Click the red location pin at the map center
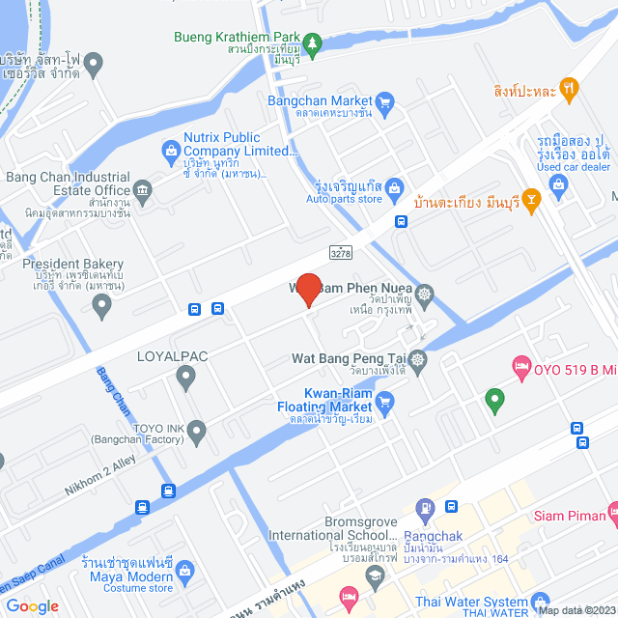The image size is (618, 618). pyautogui.click(x=308, y=290)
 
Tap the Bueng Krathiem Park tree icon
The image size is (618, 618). pyautogui.click(x=312, y=42)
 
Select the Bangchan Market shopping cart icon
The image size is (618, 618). pyautogui.click(x=385, y=101)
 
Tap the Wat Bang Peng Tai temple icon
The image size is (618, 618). pyautogui.click(x=417, y=359)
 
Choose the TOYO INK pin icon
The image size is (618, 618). pyautogui.click(x=197, y=433)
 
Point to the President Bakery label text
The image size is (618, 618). pyautogui.click(x=74, y=264)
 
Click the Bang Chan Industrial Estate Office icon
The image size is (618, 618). pyautogui.click(x=143, y=189)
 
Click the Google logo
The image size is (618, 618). pyautogui.click(x=32, y=605)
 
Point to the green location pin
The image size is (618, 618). pyautogui.click(x=494, y=399)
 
